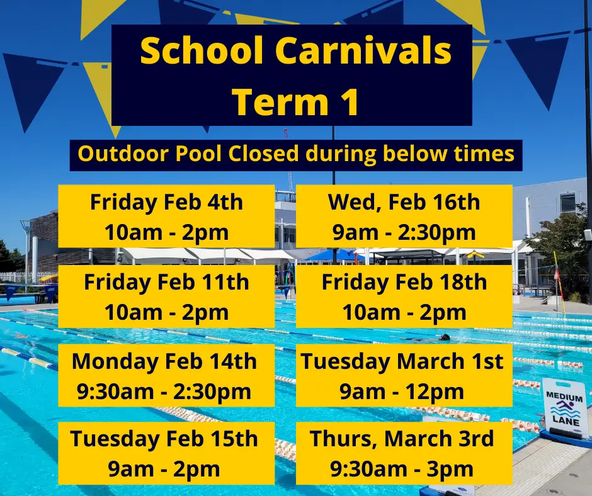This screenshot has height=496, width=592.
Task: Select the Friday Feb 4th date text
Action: pos(166,203)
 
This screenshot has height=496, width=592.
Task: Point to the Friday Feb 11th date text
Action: pos(166,282)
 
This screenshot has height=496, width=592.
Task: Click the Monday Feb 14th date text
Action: pos(164,362)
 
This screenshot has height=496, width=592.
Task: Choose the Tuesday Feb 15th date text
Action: pos(164,439)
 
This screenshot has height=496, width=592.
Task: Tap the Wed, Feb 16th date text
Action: pos(404,203)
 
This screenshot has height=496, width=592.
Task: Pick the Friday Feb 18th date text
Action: pos(404,282)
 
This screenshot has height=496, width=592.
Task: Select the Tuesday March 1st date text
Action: pos(402,362)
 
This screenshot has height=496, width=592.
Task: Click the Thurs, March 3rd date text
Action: pos(402,439)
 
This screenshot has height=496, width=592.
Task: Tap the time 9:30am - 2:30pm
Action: pos(164,392)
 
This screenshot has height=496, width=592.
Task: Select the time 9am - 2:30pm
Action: pos(404,233)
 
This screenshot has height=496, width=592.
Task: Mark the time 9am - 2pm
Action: pos(164,469)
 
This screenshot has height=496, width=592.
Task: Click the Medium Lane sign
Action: pos(564,408)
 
